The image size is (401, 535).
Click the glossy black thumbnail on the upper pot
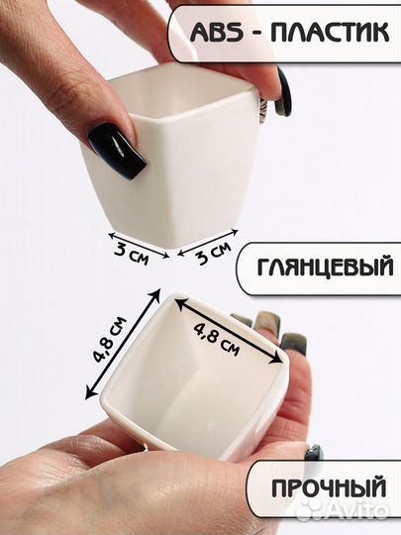tap(116, 150)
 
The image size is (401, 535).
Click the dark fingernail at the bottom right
tap(313, 454)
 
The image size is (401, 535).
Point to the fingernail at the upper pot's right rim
tap(282, 91)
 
